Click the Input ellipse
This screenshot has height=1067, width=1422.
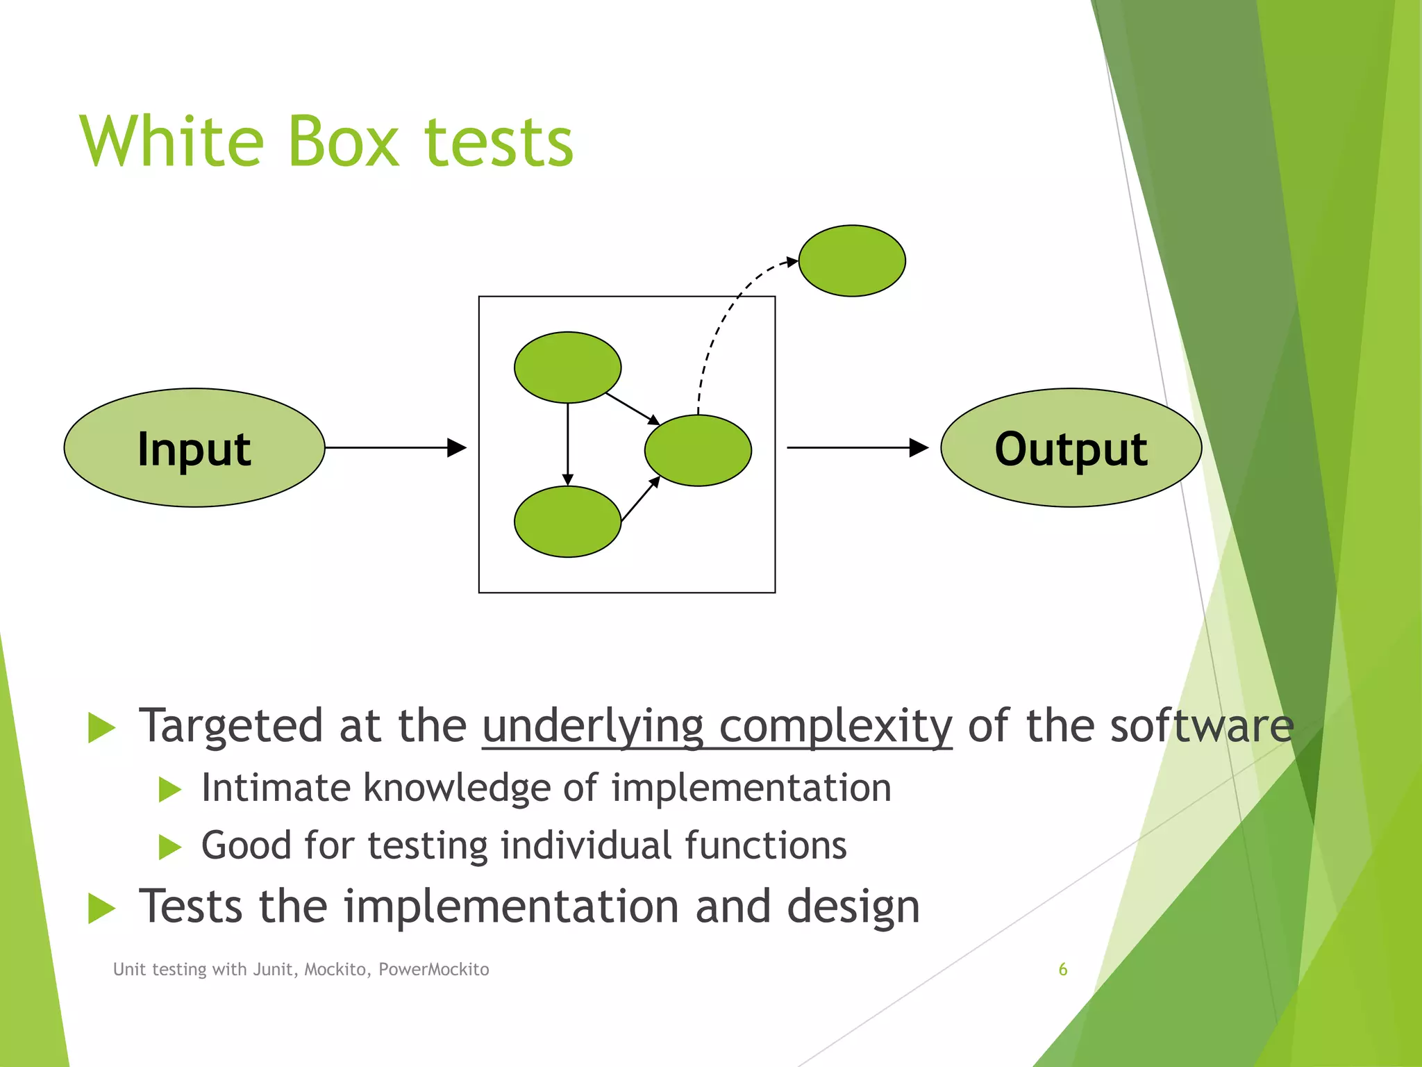coord(194,448)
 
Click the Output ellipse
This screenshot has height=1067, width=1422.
coord(1071,448)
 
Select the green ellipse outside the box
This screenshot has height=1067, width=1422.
coord(852,261)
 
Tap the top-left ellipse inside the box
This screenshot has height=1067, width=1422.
coord(567,367)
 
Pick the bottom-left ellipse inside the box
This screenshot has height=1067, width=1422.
coord(567,522)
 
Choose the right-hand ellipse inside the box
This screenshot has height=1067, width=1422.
coord(698,450)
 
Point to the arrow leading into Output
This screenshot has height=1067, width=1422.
coord(857,448)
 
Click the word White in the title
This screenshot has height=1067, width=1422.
coord(172,142)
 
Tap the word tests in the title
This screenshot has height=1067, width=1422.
coord(499,142)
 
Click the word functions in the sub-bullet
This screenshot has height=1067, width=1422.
coord(766,845)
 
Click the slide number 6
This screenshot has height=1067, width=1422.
coord(1062,969)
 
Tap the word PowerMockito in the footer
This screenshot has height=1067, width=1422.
coord(433,970)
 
